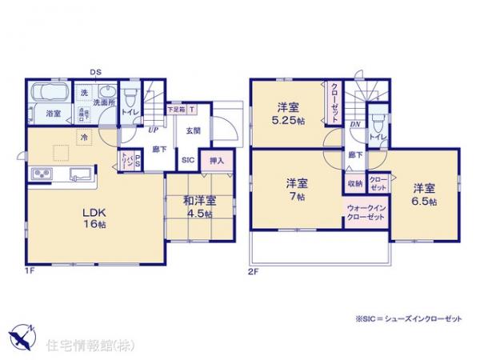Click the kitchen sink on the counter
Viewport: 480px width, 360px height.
coord(79,174)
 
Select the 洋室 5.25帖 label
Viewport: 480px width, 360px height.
coord(287,114)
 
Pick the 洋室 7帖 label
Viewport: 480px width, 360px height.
coord(296,188)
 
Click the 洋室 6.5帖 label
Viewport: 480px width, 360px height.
coord(424,194)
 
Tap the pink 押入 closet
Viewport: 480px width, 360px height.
coord(216,161)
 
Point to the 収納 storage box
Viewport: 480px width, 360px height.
coord(354,183)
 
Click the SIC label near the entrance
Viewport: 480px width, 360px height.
coord(189,160)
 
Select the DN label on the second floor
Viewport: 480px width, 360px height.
coord(354,124)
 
